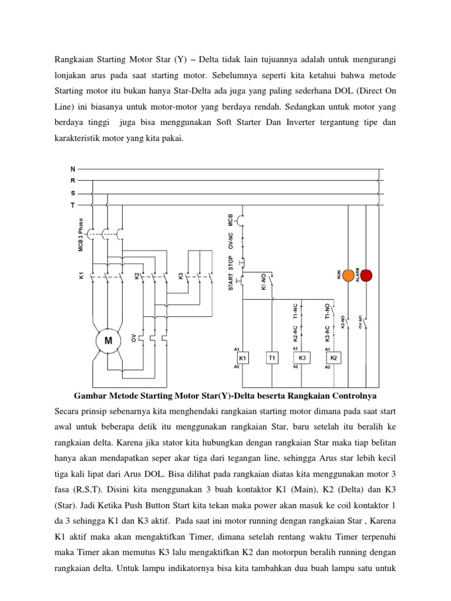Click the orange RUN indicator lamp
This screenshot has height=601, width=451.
[x=348, y=275]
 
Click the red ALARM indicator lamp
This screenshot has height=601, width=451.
[x=366, y=275]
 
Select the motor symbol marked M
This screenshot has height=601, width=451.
[x=108, y=340]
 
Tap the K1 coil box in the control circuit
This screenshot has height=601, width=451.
[x=242, y=357]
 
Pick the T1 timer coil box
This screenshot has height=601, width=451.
[x=272, y=357]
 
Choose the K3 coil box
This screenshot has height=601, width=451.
[x=302, y=357]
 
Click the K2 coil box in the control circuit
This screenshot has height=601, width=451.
[x=334, y=357]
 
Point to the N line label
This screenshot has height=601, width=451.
[x=73, y=169]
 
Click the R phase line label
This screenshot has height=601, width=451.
[x=73, y=181]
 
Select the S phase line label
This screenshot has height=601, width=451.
[x=73, y=193]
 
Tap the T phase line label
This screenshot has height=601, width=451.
[x=73, y=204]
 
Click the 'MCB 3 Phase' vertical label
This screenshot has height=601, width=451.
[x=81, y=235]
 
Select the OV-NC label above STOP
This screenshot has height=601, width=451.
[x=231, y=239]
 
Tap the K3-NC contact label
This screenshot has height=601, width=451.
[x=327, y=332]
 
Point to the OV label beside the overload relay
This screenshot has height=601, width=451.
[x=134, y=338]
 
